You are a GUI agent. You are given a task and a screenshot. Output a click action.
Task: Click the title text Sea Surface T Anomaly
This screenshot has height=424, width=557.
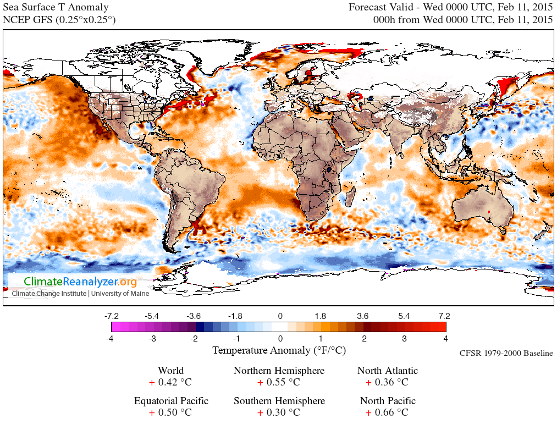pos(56,8)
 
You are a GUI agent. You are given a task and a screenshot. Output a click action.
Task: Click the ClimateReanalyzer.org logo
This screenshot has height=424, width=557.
pos(80,282)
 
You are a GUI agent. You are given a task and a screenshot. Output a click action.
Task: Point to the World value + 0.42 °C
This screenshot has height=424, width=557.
pos(170,382)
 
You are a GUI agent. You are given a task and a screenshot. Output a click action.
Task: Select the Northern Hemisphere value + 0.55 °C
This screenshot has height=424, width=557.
pos(279,382)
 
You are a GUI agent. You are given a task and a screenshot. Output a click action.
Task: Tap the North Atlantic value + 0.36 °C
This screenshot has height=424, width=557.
pos(387,382)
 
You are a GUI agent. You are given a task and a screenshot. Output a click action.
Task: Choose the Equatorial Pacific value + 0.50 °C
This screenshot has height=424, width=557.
pos(170,412)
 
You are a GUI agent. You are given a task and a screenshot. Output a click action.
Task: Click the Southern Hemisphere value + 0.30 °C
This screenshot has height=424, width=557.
pos(279,412)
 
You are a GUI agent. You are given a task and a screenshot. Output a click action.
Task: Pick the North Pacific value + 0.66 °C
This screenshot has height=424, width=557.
pos(387,412)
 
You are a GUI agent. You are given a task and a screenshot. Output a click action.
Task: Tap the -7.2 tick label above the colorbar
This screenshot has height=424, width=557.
pos(112,316)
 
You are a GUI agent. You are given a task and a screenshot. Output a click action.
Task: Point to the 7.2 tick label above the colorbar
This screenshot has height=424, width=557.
pos(444,316)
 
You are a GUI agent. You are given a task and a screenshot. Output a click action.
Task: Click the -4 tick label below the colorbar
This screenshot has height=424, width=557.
pos(112,338)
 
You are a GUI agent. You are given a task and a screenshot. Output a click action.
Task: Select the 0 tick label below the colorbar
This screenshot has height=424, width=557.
pos(280,338)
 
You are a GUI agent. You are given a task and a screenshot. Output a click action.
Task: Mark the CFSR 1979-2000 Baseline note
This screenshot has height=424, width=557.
pos(506,353)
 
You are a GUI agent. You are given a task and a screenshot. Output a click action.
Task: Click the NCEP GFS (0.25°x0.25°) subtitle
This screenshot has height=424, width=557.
pos(59,20)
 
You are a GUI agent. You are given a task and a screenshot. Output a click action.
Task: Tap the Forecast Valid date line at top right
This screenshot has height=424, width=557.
pos(450,8)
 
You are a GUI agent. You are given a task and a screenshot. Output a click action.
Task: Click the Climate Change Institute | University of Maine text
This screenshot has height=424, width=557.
pos(80,293)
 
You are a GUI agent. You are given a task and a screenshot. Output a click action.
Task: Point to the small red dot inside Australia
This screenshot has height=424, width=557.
pos(489,211)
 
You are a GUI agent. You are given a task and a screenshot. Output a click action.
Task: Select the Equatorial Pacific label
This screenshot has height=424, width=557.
pos(170,401)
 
